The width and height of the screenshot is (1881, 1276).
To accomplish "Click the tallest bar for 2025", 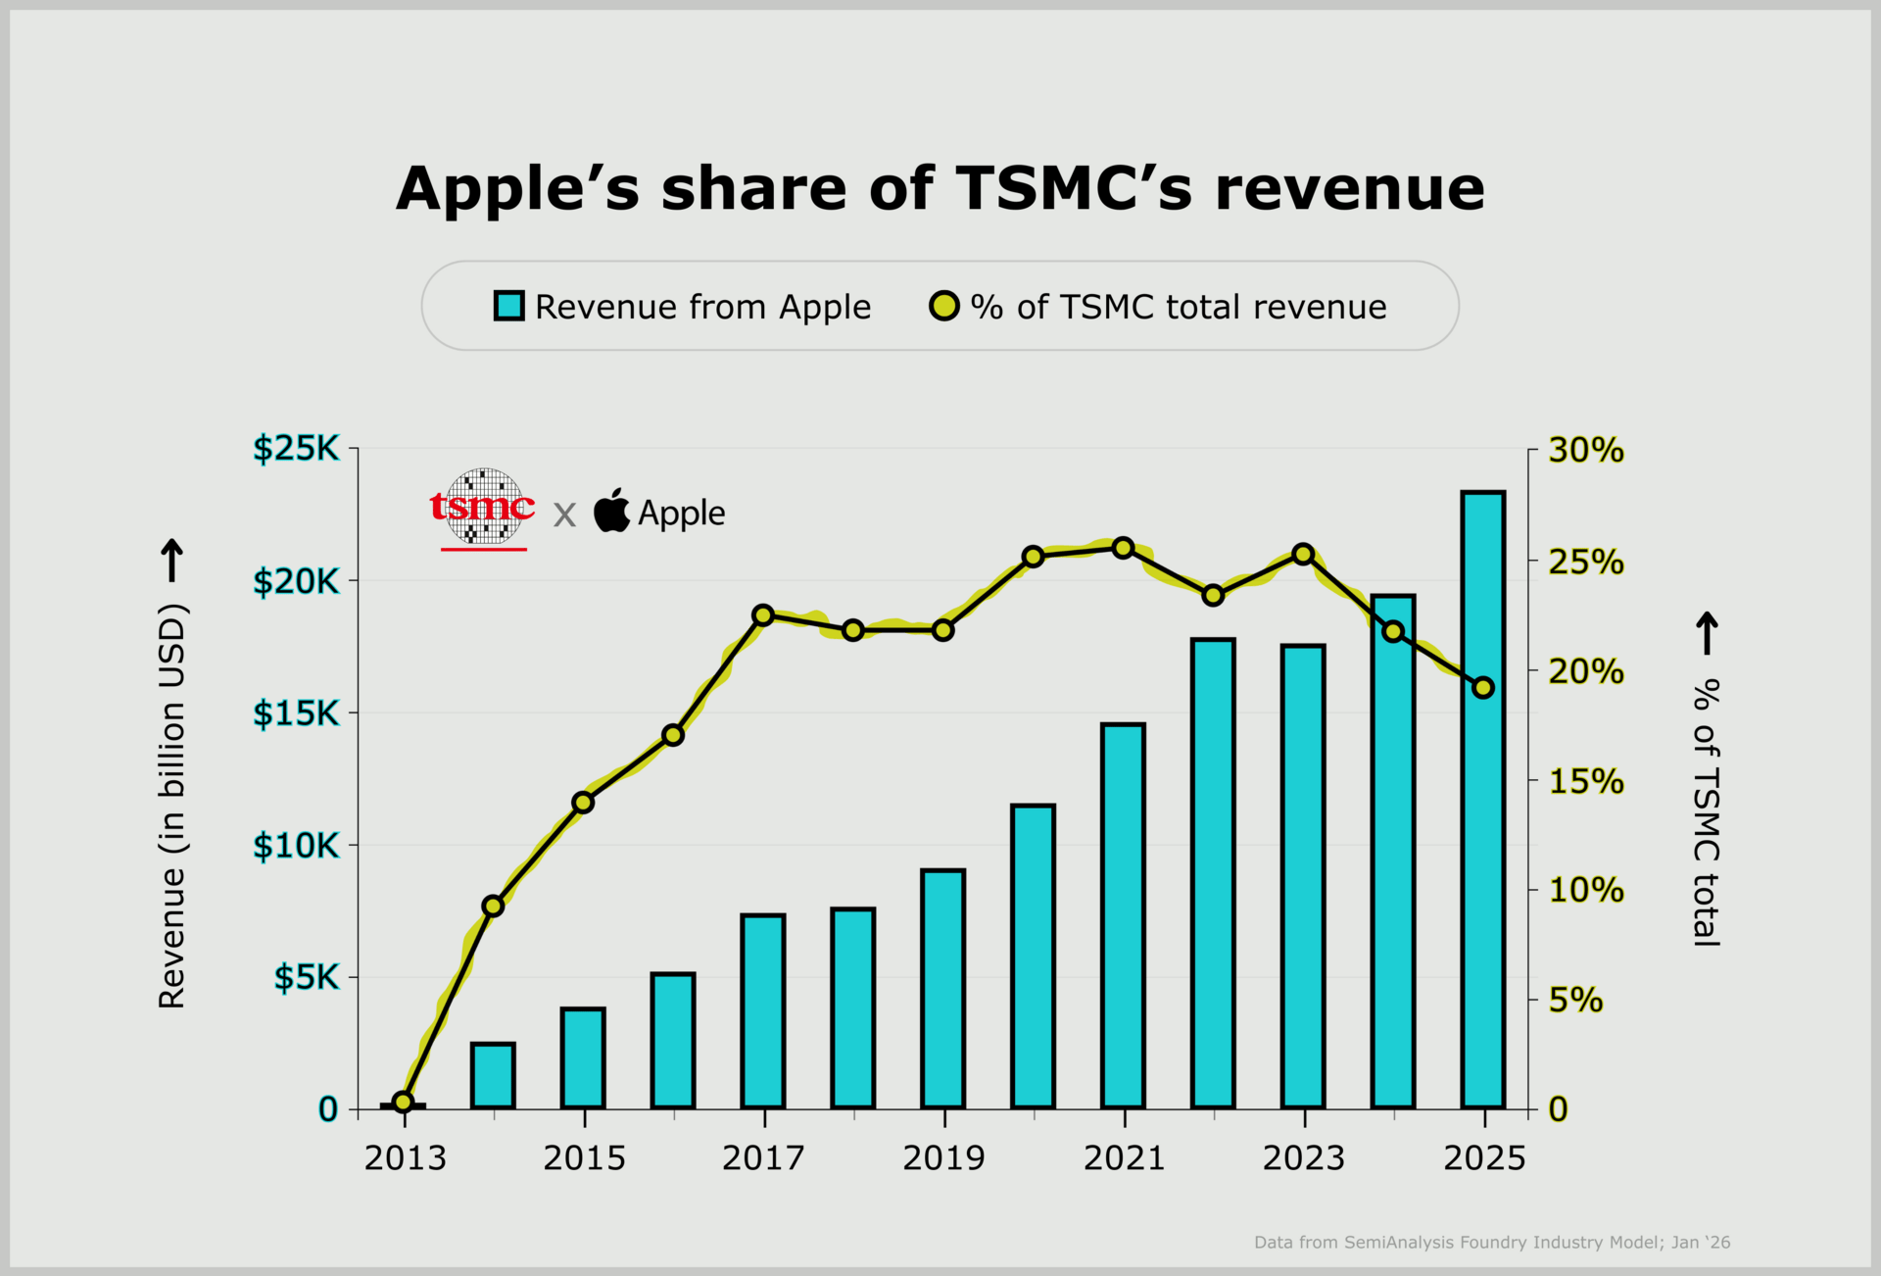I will click(x=1482, y=799).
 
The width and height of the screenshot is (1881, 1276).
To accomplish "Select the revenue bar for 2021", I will click(x=1123, y=915).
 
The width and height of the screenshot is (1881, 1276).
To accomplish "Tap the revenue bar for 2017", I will click(x=763, y=1010).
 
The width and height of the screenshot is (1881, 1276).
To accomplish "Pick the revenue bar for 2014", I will click(x=493, y=1075).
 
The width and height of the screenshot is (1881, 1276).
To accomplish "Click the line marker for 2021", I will click(x=1124, y=548).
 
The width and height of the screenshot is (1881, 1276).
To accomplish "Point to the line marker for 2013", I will click(x=403, y=1102).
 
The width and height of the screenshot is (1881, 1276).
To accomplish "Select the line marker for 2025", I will click(x=1483, y=688).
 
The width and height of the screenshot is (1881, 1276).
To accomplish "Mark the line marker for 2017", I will click(x=763, y=615).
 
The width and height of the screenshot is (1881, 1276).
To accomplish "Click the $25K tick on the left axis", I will click(x=296, y=449).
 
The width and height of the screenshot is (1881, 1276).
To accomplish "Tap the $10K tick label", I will click(x=296, y=845).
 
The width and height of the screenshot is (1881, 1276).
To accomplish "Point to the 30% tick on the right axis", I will click(x=1585, y=451).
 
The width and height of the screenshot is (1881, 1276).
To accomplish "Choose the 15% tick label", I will click(x=1585, y=782).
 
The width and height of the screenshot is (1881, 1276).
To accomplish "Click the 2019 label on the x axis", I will click(x=942, y=1158).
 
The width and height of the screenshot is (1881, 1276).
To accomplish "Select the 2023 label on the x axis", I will click(x=1303, y=1158).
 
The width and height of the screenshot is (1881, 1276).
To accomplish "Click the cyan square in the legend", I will click(x=508, y=306).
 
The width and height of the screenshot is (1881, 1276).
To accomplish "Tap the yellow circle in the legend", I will click(x=943, y=306).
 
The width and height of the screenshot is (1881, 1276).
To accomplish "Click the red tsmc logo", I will click(x=483, y=508).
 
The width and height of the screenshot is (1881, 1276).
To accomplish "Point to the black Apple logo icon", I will click(x=611, y=511).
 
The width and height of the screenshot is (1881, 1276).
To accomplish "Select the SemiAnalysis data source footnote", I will click(x=1491, y=1243).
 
